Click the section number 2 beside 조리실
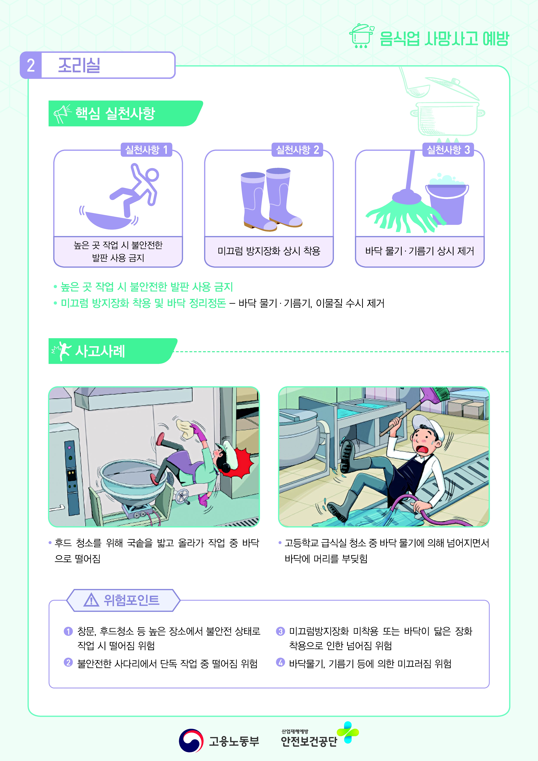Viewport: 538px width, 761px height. pos(31,65)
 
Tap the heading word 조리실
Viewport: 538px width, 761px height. pos(79,65)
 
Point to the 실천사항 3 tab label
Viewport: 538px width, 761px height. pos(448,150)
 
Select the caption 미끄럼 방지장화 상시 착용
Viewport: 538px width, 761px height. pos(269,251)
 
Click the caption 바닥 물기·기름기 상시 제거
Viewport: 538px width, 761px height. pos(420,251)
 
